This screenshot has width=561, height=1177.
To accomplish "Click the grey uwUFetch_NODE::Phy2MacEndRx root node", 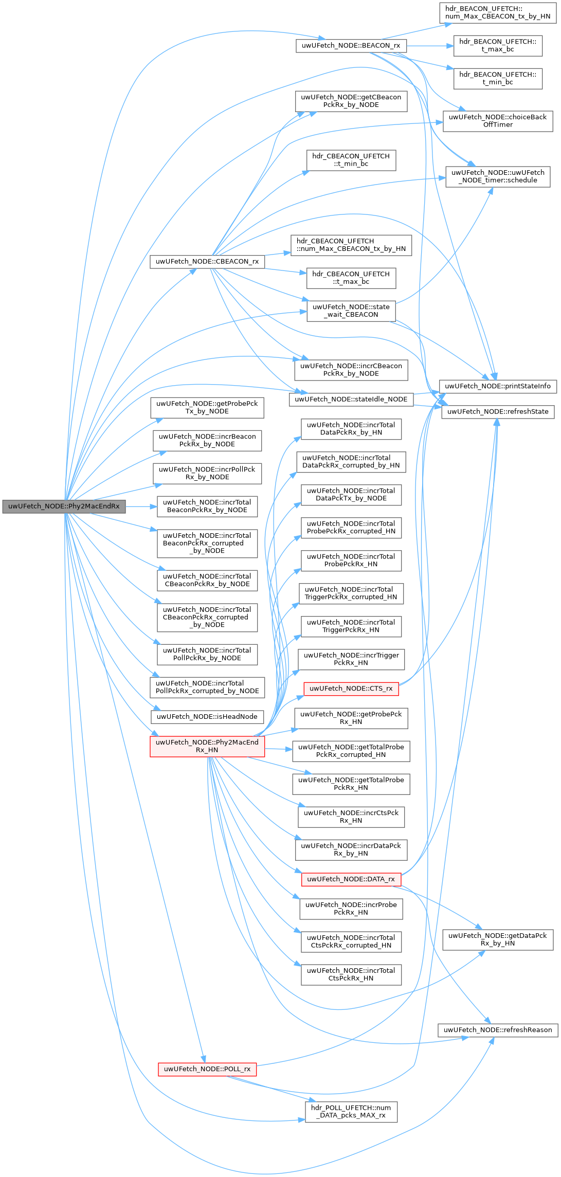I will click(64, 506).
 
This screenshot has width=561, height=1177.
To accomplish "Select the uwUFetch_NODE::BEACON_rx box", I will click(351, 45).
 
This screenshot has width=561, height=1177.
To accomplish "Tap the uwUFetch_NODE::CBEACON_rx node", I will click(207, 261).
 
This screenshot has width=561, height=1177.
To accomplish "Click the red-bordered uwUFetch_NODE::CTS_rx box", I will click(351, 688).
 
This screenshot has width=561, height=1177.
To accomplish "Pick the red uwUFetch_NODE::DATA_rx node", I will click(351, 879).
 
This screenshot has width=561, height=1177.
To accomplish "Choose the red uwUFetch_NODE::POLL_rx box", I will click(207, 1069).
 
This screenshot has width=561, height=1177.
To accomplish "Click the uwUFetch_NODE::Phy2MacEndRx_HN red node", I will click(207, 746).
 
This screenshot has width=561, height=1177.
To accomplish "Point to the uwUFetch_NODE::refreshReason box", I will click(497, 1029).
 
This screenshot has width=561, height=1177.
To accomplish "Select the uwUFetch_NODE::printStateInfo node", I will click(497, 386).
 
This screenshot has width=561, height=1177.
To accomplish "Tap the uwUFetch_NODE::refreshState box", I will click(497, 411).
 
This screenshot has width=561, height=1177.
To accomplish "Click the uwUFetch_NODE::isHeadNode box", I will click(207, 716).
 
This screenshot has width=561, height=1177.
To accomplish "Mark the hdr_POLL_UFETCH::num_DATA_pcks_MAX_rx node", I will click(351, 1111).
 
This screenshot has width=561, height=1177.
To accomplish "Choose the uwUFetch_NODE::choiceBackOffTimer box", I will click(497, 121).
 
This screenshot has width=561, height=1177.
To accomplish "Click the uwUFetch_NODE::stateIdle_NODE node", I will click(351, 399).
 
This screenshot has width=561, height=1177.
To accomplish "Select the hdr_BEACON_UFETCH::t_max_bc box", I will click(497, 45).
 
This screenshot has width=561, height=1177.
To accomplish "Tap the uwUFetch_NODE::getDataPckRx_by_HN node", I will click(497, 939).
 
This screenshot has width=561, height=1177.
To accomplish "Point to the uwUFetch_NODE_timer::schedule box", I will click(497, 176).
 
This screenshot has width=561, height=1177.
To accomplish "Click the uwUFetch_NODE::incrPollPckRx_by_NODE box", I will click(207, 473).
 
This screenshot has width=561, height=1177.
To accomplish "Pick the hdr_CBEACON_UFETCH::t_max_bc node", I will click(351, 278).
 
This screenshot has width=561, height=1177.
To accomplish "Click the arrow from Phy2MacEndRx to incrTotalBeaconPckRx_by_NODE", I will click(141, 506).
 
